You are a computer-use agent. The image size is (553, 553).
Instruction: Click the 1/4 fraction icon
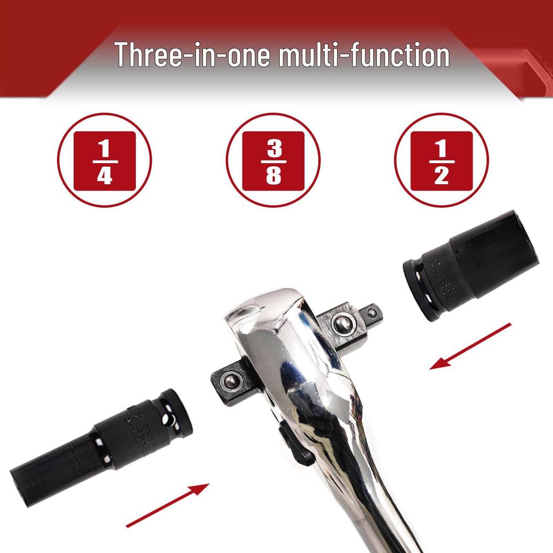tap(104, 160)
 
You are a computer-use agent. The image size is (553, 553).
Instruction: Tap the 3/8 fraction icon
tap(273, 160)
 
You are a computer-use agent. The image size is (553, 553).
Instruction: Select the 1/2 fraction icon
tap(441, 160)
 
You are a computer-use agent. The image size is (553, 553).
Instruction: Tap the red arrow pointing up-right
tap(167, 505)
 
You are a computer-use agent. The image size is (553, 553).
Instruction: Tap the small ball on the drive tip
tap(371, 312)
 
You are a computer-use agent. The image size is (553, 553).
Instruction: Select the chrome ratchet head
tap(281, 346)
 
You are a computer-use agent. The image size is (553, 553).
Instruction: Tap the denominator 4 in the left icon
tap(104, 176)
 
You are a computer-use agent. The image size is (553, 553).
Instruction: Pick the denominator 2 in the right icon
tap(441, 176)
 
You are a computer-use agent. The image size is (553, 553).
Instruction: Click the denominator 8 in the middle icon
tap(273, 176)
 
